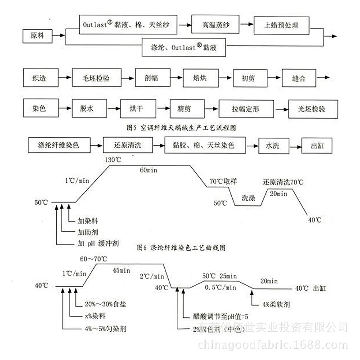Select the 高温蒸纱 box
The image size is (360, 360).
(216, 26)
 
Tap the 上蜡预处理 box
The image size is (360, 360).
(282, 26)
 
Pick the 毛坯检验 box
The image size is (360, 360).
(96, 78)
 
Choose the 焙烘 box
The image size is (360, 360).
(200, 78)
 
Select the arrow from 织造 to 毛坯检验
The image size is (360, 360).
(65, 78)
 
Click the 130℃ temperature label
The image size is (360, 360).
(113, 160)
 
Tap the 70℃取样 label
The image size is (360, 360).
(223, 182)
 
